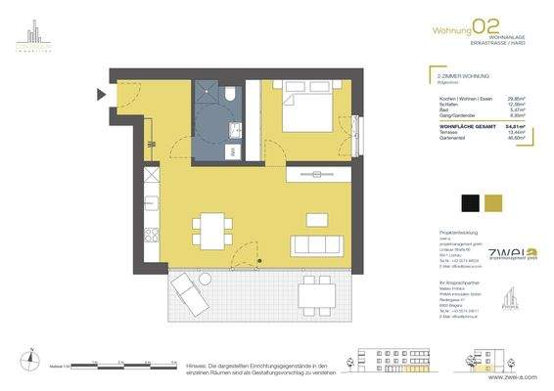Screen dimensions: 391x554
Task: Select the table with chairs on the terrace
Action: [x=312, y=288]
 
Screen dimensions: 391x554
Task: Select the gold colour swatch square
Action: [x=497, y=202]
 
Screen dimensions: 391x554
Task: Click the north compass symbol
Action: [x=32, y=362]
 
